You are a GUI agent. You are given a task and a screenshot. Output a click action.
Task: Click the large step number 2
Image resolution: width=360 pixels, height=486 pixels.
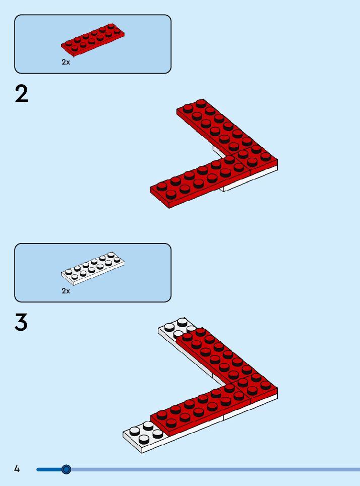coord(22,94)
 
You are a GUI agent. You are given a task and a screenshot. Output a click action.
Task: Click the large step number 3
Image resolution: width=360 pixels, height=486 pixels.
coord(21,323)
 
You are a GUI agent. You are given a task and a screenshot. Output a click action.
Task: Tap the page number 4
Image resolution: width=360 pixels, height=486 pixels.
coord(17,469)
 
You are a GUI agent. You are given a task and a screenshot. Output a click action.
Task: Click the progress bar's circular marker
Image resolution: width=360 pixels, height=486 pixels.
coord(66,469)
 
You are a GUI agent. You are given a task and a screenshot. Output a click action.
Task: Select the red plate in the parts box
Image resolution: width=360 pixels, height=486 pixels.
coord(93,38)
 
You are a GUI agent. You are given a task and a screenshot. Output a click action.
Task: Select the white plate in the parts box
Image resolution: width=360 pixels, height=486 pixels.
coord(93,267)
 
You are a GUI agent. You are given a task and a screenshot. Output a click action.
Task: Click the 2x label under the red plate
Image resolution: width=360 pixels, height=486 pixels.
coord(66,62)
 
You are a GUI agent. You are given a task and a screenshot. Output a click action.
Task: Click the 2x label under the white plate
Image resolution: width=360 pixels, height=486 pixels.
coord(66,291)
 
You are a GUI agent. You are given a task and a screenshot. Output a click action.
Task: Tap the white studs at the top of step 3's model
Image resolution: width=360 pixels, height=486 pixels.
coord(175,327)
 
